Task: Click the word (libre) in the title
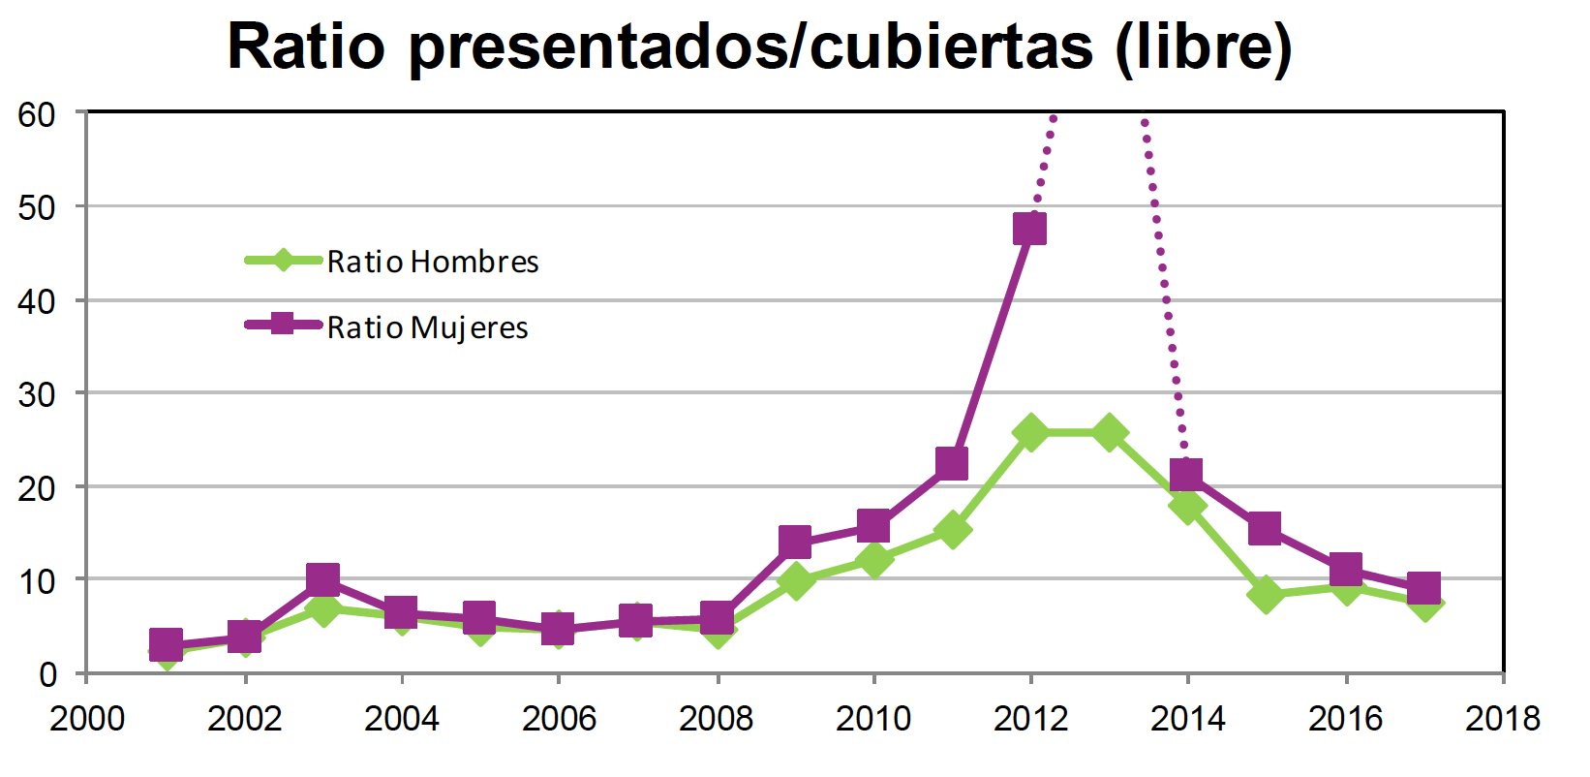(x=1204, y=46)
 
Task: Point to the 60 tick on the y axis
(x=37, y=114)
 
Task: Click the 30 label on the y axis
(x=37, y=394)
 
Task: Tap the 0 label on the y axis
(x=47, y=674)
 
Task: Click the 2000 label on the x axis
(x=87, y=719)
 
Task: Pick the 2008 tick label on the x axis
(x=716, y=719)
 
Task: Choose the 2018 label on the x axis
(x=1502, y=719)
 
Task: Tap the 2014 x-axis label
(x=1187, y=719)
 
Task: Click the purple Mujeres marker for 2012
(x=1030, y=230)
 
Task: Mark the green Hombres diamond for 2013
(x=1109, y=432)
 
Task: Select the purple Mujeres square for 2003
(x=322, y=580)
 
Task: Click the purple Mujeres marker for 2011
(x=952, y=463)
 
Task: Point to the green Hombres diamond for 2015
(x=1266, y=594)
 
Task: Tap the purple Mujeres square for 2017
(x=1423, y=588)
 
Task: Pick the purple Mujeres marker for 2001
(x=166, y=644)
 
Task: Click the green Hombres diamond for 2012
(x=1030, y=432)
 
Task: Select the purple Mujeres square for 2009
(x=794, y=543)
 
